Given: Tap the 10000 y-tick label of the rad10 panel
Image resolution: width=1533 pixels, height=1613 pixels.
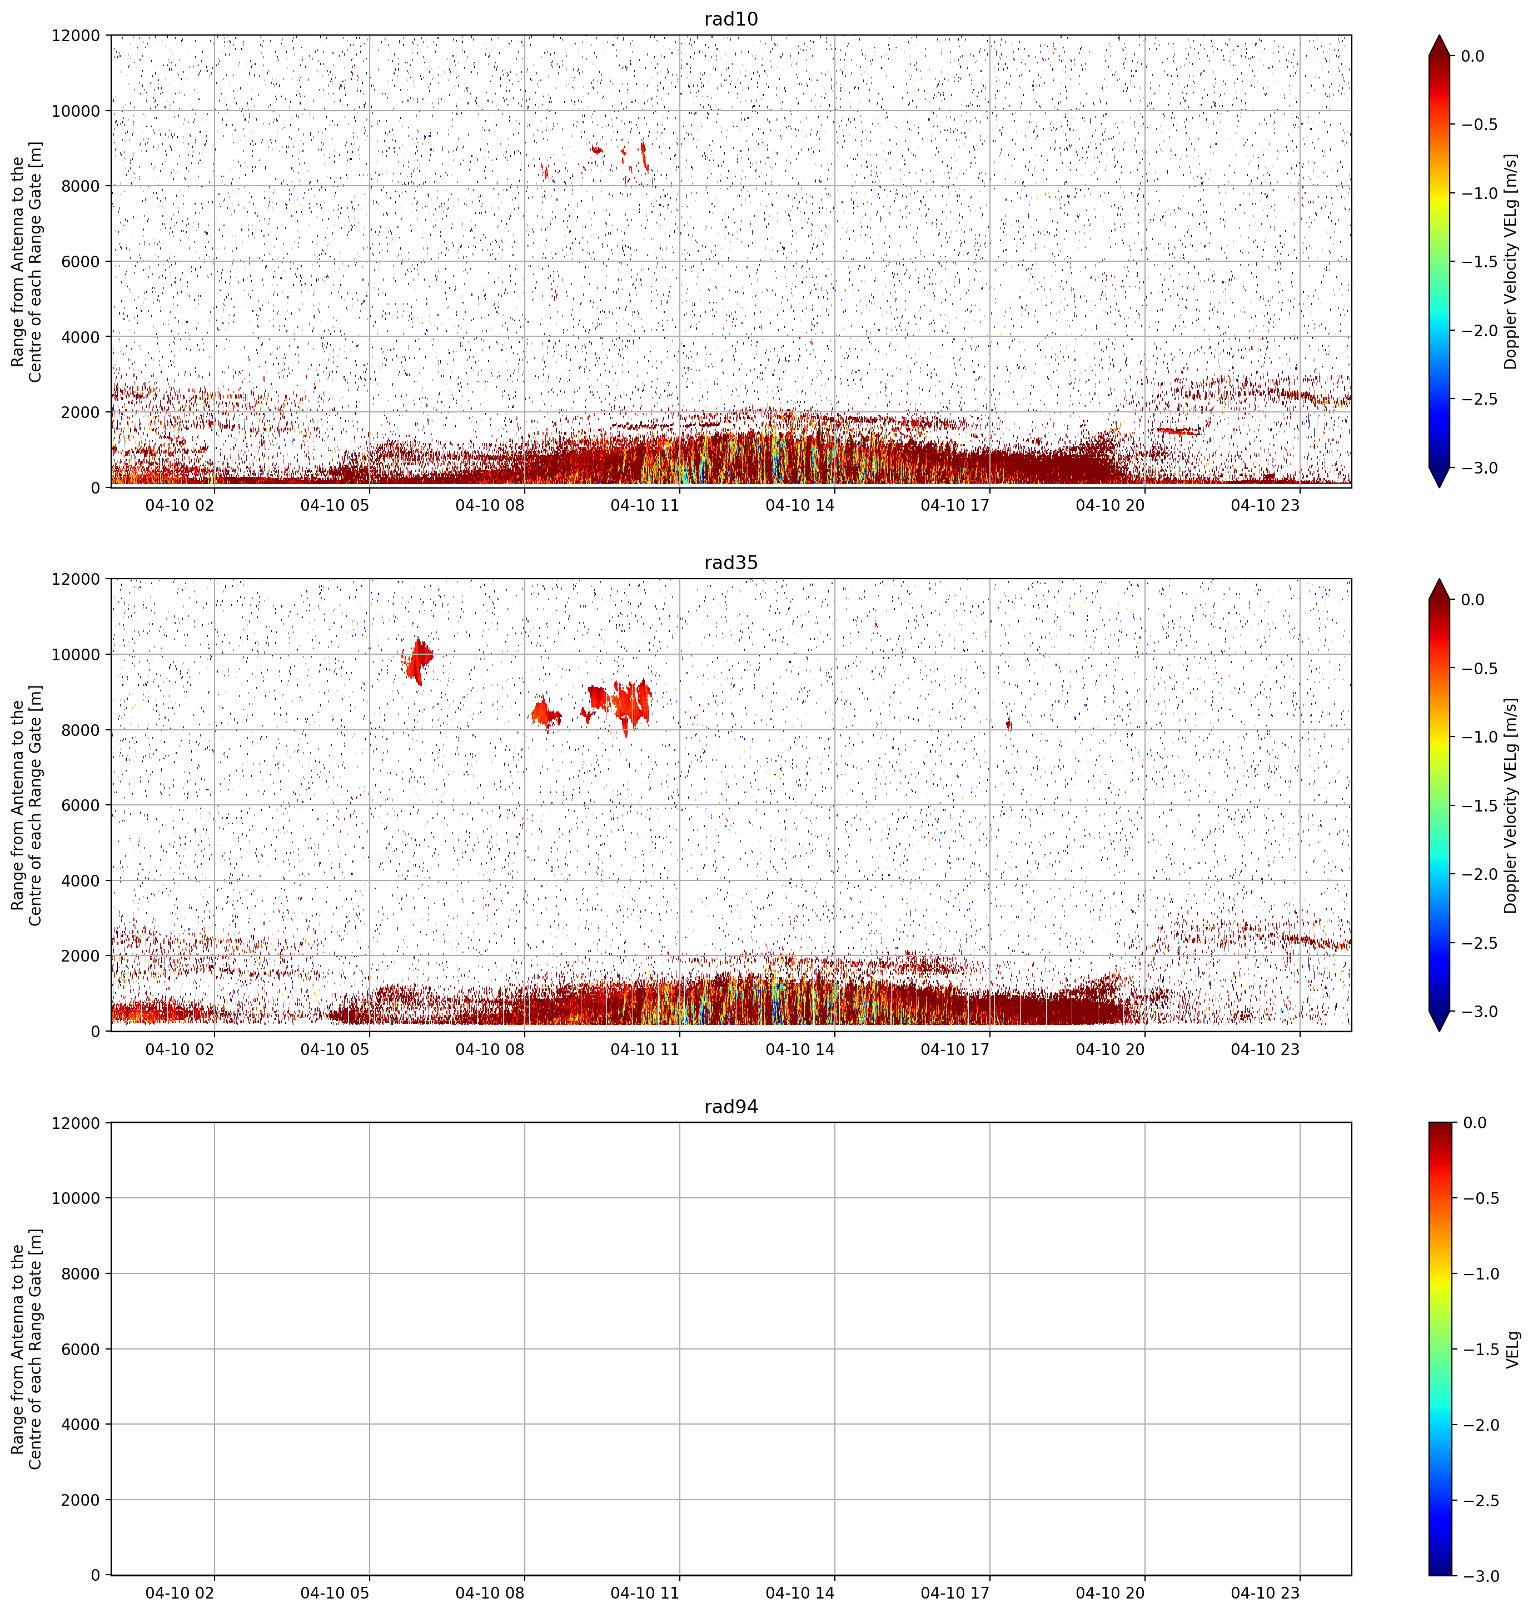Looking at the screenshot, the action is (76, 111).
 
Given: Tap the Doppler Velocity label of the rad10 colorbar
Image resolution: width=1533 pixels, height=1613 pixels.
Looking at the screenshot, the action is (1511, 261).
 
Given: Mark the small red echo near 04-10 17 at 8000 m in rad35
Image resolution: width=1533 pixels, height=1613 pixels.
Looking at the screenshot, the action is (1009, 725).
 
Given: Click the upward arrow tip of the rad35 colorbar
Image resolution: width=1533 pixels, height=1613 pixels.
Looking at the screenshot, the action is (1440, 579).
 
